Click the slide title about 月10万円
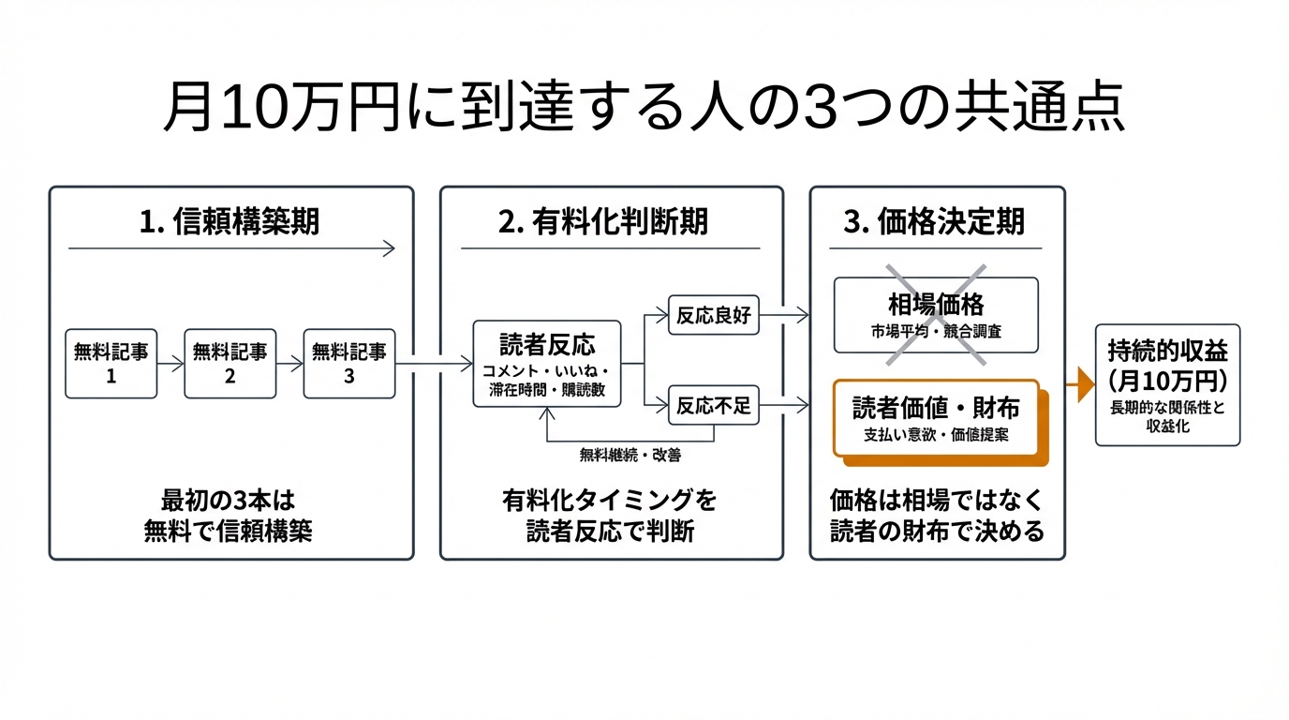point(644,111)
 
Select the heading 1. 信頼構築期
point(230,221)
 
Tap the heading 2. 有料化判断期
point(610,221)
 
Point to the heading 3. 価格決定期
point(936,221)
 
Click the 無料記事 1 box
point(111,364)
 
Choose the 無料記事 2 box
point(230,364)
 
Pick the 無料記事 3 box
point(348,364)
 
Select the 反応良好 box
point(713,316)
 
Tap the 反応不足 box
point(713,406)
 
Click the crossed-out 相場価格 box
point(936,315)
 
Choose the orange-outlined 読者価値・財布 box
point(936,418)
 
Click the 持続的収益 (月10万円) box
point(1167,384)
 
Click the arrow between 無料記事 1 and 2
point(170,364)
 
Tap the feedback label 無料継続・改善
point(630,456)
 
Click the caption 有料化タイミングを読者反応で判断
point(610,517)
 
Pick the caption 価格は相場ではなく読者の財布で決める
point(936,517)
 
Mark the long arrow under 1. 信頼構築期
point(230,248)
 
